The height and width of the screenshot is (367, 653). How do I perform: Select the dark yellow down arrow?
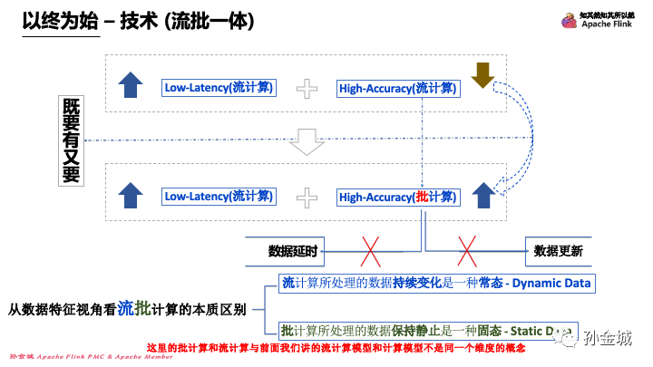point(482,75)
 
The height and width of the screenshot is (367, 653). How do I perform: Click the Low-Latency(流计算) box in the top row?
point(219,88)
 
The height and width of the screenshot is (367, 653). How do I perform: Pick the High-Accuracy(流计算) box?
point(399,88)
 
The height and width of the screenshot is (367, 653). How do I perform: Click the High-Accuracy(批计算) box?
point(399,196)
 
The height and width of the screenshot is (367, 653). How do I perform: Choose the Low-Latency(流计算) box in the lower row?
point(219,196)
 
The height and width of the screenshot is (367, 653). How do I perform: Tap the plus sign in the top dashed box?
point(308,88)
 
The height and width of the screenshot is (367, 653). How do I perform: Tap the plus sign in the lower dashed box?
point(308,196)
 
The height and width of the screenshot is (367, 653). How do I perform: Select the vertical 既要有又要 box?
point(71,140)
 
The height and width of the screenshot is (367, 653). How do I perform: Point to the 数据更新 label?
point(558,249)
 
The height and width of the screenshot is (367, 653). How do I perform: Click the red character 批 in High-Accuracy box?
point(421,196)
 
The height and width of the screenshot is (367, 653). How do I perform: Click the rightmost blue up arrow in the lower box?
point(482,193)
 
